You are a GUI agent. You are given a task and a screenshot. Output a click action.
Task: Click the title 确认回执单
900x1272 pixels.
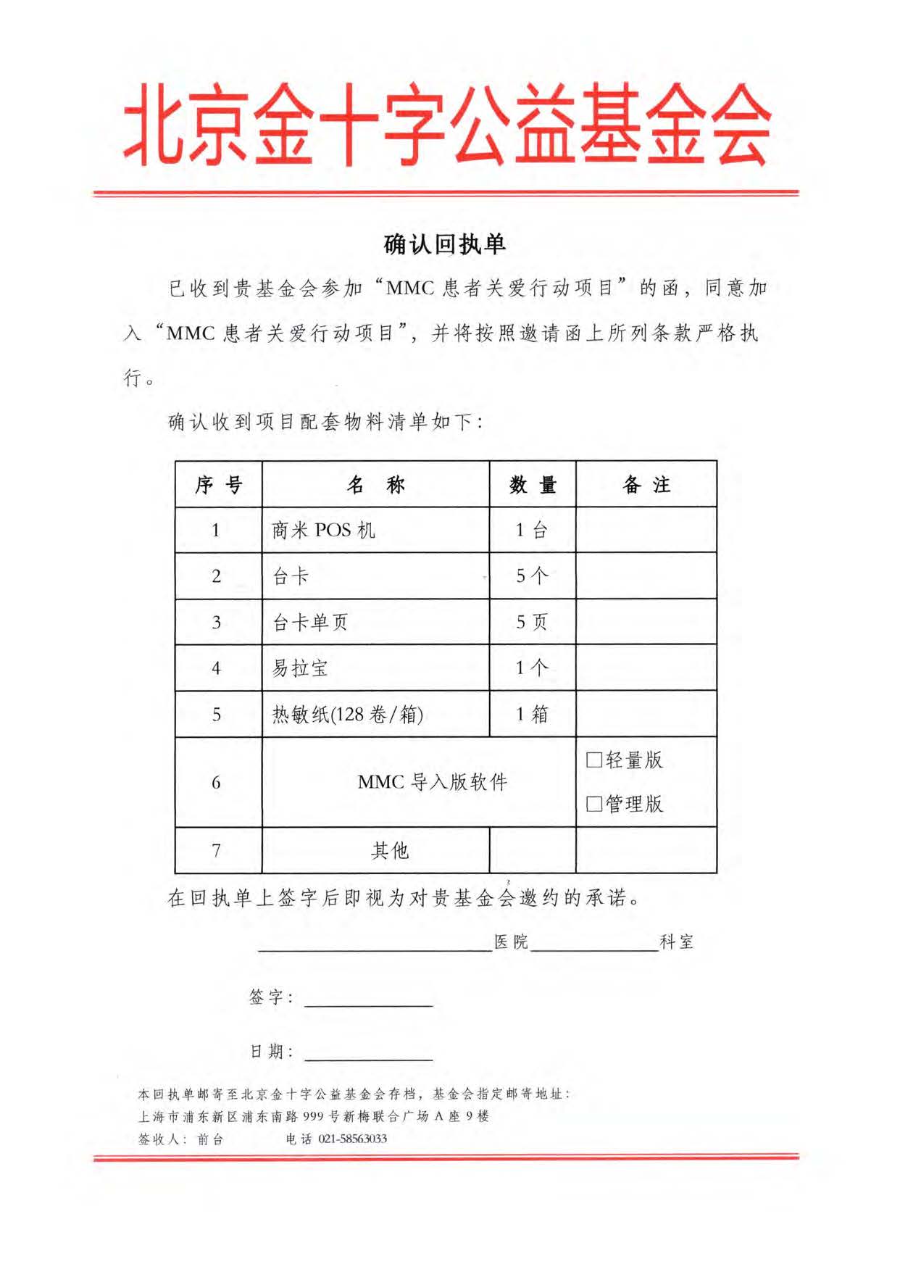(x=444, y=244)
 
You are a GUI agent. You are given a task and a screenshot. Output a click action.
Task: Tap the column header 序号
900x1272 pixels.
(x=218, y=484)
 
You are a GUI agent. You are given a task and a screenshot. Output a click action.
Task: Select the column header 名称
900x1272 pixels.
(x=375, y=484)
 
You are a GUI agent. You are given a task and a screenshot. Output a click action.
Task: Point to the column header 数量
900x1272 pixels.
(x=533, y=484)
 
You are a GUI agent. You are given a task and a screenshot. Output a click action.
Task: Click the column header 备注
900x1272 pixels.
(x=646, y=484)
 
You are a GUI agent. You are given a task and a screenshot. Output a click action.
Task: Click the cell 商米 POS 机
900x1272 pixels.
(x=323, y=531)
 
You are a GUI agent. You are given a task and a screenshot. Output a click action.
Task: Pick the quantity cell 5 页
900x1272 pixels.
(x=532, y=622)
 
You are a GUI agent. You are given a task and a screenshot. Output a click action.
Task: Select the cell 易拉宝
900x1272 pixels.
(x=300, y=668)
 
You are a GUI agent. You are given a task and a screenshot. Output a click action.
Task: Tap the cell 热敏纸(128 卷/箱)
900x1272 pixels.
(x=347, y=715)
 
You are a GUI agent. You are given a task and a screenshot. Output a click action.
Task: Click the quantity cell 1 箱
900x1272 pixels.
(x=532, y=715)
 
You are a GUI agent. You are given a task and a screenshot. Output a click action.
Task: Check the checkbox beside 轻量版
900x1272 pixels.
(x=594, y=760)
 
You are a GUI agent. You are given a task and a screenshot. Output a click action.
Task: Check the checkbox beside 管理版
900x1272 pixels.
(x=594, y=804)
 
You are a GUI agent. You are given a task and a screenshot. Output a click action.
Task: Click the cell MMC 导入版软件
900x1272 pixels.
(x=433, y=782)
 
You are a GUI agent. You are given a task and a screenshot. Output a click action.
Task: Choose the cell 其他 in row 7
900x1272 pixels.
(x=390, y=850)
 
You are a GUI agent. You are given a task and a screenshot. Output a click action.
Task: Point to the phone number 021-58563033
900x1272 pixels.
(x=353, y=1139)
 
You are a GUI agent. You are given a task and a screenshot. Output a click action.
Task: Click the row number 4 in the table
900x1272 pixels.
(x=217, y=668)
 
